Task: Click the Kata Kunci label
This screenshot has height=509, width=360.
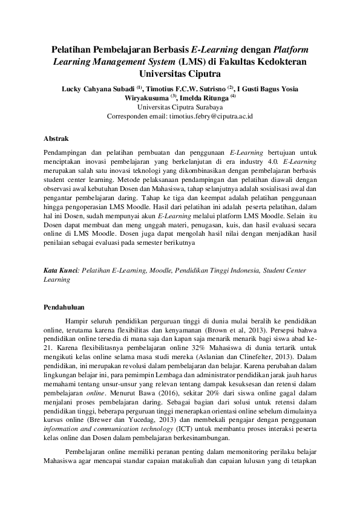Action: click(61, 271)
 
